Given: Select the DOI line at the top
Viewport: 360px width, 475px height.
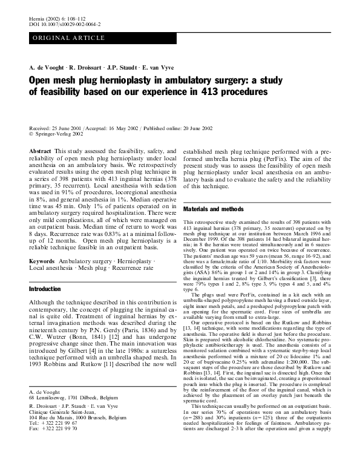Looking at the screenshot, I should click(x=65, y=25).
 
